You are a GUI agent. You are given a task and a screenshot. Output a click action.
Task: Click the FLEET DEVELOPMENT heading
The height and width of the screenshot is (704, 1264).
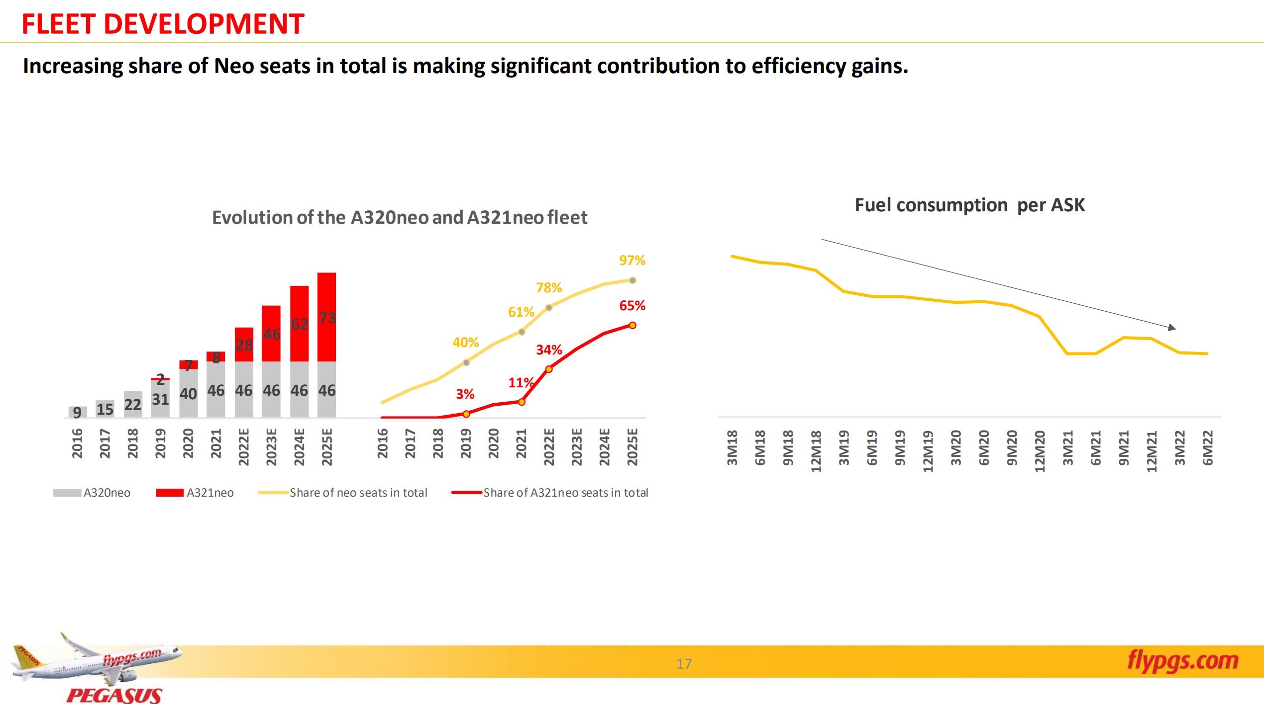pyautogui.click(x=163, y=24)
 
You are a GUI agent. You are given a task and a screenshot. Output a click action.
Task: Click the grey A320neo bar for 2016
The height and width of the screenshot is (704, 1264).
pyautogui.click(x=77, y=412)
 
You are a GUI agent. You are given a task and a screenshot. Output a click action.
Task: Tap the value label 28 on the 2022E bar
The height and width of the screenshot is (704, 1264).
pyautogui.click(x=244, y=345)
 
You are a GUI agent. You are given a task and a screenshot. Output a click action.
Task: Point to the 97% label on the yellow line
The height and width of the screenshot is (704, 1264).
pyautogui.click(x=632, y=260)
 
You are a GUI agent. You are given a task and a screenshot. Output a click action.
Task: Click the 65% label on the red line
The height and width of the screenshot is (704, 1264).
pyautogui.click(x=632, y=305)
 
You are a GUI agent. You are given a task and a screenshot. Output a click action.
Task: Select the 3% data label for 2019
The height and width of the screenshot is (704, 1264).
pyautogui.click(x=465, y=394)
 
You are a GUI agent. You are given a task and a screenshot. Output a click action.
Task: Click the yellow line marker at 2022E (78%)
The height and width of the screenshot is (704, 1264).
pyautogui.click(x=549, y=308)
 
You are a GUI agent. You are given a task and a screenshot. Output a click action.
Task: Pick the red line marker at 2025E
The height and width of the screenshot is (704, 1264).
pyautogui.click(x=632, y=325)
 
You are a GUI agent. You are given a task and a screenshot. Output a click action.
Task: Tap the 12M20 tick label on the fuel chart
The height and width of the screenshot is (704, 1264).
pyautogui.click(x=1040, y=451)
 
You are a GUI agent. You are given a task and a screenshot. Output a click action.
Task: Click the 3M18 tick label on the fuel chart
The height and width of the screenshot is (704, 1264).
pyautogui.click(x=732, y=447)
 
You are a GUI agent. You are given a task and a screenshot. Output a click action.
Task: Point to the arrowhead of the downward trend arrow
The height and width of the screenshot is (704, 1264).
pyautogui.click(x=1172, y=328)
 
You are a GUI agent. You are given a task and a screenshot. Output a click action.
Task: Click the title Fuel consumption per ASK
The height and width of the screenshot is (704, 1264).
pyautogui.click(x=969, y=205)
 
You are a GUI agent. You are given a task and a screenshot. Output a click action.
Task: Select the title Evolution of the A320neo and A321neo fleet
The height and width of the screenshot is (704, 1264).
pyautogui.click(x=400, y=217)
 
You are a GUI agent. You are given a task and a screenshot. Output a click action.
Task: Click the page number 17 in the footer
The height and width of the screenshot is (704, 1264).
pyautogui.click(x=684, y=664)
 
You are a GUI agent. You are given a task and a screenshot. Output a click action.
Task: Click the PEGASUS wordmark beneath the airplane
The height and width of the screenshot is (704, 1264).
pyautogui.click(x=114, y=695)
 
